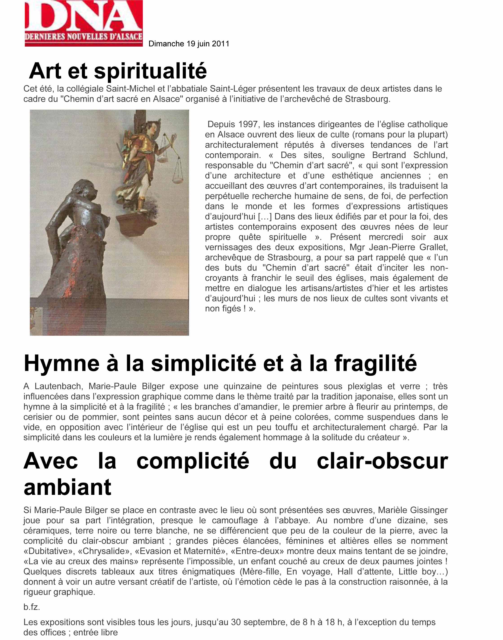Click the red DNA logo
[x=84, y=23]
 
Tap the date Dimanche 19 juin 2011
[x=189, y=44]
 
